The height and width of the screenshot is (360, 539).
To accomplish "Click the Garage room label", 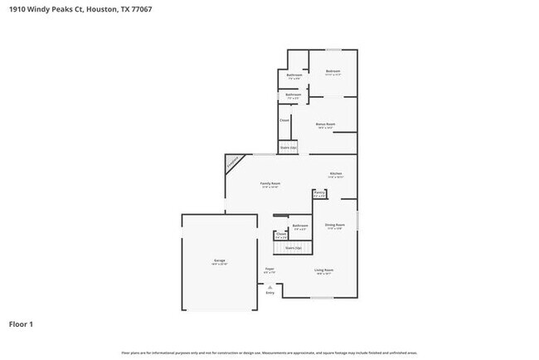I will click(220, 260).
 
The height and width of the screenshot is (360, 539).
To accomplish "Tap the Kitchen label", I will click(336, 174).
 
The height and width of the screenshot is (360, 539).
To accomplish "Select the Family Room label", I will click(269, 183).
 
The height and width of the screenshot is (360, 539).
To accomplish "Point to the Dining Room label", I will click(334, 226).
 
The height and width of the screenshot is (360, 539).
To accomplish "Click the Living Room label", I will click(323, 270).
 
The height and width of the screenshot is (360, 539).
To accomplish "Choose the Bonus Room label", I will click(325, 124).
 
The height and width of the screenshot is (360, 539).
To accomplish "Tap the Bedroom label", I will click(333, 72).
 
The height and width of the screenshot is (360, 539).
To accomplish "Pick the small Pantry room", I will click(319, 193).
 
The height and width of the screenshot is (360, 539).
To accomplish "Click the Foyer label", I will click(269, 270).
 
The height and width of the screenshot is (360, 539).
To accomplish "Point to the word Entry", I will click(269, 293).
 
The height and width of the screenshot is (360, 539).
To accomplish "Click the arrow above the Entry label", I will click(269, 286).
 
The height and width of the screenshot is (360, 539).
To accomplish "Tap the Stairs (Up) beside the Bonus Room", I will click(289, 148).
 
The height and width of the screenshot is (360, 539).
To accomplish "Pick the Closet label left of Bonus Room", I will click(284, 120).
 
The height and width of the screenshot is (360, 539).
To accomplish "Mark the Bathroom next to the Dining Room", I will click(299, 226).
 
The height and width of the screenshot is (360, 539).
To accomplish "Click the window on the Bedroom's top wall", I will click(333, 50).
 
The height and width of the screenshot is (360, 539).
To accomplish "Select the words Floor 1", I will click(21, 324).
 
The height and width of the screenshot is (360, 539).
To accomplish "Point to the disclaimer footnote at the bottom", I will click(269, 353).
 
